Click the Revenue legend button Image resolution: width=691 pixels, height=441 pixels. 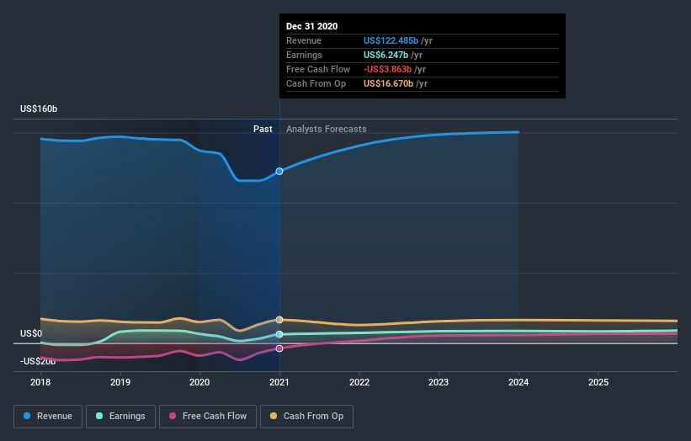pos(48,416)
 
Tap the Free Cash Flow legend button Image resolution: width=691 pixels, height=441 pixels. pos(207,416)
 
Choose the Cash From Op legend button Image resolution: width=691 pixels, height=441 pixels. pos(306,416)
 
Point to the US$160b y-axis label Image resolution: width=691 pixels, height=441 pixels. pos(39,109)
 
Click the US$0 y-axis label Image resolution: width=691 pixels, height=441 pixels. pos(31,334)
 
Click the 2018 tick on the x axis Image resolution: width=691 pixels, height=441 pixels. pos(40,381)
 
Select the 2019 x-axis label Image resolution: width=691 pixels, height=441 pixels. pos(120,381)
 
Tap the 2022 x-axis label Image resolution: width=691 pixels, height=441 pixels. pos(359,381)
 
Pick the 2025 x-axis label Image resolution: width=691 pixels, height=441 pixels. pos(598,381)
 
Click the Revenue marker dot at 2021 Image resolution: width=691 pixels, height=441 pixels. pos(279,171)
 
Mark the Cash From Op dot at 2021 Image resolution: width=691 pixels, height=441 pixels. pos(279,320)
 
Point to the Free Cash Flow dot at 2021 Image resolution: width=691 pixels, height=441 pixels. pos(279,348)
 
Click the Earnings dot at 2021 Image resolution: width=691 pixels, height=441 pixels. pos(279,334)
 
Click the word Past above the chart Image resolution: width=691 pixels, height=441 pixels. pos(263,129)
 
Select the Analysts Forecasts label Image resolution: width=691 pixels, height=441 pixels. pos(326,129)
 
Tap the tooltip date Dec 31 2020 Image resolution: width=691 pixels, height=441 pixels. pos(311,26)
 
